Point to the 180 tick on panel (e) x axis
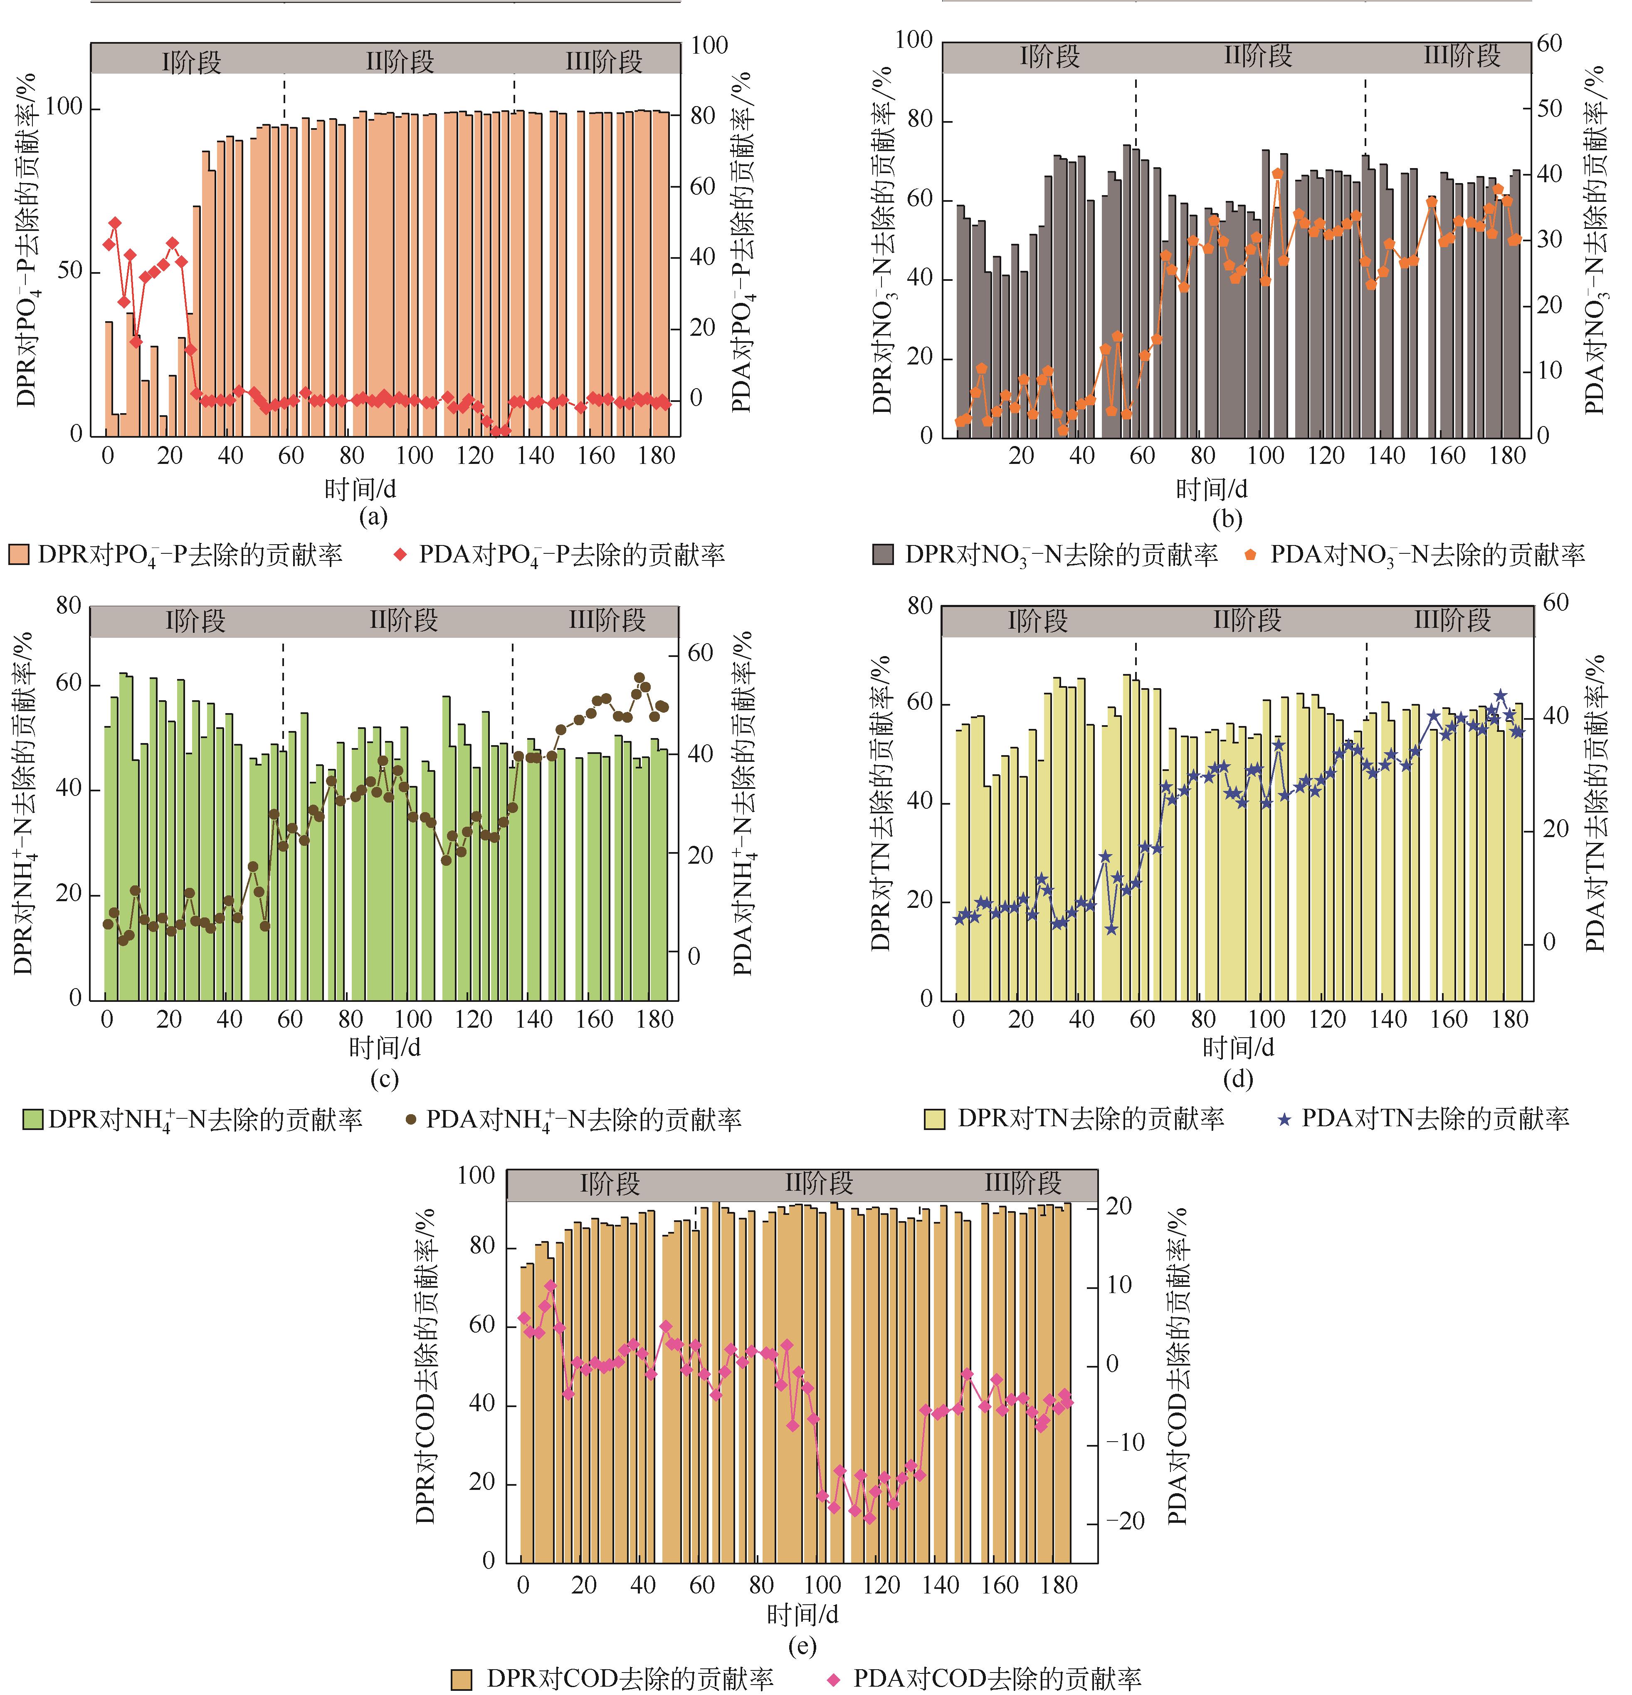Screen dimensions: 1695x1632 pos(1059,1585)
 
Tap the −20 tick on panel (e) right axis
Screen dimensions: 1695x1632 pos(1126,1521)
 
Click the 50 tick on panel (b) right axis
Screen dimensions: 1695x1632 pos(1549,109)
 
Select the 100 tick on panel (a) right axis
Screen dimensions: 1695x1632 pos(709,45)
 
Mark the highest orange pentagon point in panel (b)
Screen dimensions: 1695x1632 pos(1278,174)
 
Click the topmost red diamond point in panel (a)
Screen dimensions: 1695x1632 pos(115,223)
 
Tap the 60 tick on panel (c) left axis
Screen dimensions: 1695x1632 pos(69,683)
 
